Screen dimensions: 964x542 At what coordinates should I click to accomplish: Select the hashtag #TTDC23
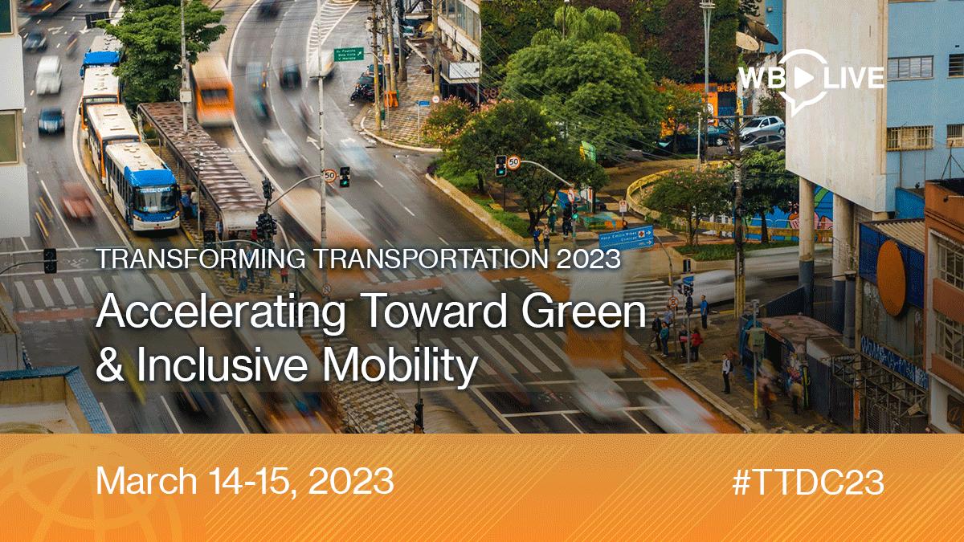808,483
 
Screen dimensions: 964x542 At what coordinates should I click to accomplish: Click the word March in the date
146,480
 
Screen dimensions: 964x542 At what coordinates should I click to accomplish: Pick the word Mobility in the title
401,365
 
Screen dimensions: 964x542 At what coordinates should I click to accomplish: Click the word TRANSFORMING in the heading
201,259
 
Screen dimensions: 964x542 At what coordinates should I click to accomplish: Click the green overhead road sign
349,55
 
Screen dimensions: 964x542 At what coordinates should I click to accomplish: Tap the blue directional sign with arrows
626,238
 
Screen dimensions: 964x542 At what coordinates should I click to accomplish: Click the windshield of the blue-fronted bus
156,200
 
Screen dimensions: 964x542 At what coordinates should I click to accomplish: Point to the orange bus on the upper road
213,89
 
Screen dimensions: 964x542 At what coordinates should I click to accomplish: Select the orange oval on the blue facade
893,279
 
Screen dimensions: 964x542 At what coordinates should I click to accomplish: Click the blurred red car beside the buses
76,201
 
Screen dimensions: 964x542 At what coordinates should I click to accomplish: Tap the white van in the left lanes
48,75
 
